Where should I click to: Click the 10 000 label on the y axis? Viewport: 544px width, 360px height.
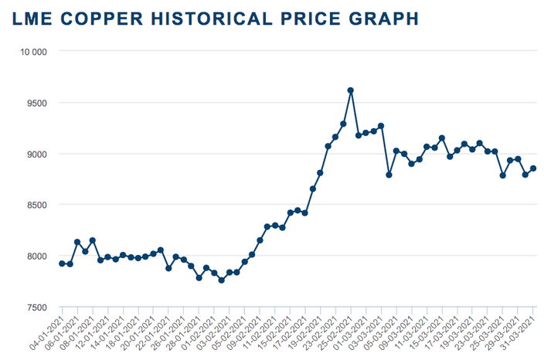(34, 52)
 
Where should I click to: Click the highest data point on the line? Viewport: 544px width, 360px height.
(351, 90)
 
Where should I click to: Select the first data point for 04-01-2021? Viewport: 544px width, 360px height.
(62, 263)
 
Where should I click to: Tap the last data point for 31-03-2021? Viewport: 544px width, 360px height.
(533, 169)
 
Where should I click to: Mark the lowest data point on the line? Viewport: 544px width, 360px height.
(222, 280)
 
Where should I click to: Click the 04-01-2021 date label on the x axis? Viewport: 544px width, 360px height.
(47, 333)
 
